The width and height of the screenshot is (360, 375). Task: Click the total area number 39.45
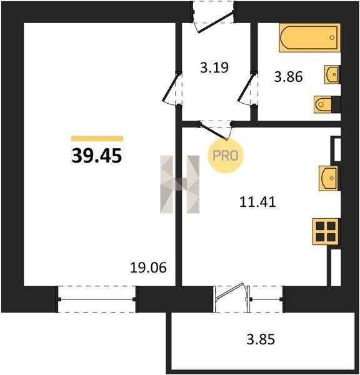point(97,156)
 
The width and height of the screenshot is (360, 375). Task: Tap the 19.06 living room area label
point(148,267)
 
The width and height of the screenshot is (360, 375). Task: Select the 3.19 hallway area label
point(214,67)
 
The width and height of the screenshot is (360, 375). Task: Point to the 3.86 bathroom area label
point(289,77)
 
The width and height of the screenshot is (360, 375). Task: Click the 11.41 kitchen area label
point(257,202)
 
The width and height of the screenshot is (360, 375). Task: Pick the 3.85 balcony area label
point(261,339)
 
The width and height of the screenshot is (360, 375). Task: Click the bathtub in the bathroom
point(309,37)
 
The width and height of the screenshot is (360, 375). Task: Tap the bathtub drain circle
point(332,37)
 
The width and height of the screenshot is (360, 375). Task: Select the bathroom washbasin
point(331,74)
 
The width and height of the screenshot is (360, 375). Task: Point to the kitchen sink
point(329,178)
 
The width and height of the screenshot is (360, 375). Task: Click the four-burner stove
point(326,231)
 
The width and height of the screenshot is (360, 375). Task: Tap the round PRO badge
point(225,156)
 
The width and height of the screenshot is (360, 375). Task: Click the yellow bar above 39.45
point(97,138)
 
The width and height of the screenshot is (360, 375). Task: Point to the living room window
point(97,299)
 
